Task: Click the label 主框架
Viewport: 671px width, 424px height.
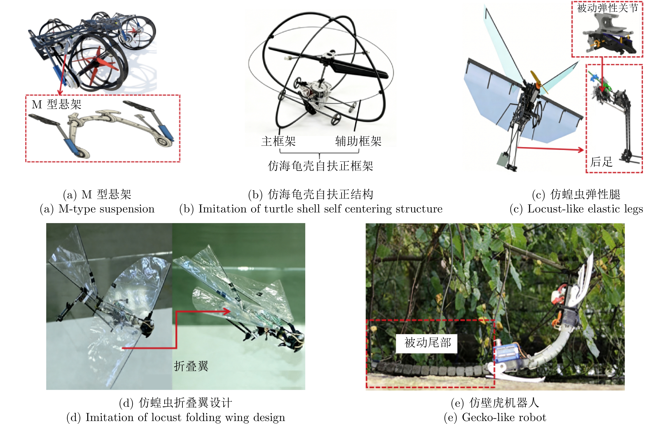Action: click(278, 141)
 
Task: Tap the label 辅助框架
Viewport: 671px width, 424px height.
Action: click(358, 141)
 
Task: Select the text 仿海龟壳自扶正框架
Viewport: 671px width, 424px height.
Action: click(320, 166)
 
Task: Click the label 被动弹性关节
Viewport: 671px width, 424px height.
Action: click(608, 8)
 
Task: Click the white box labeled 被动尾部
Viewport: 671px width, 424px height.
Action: click(427, 343)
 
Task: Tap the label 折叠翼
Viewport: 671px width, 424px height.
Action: click(191, 366)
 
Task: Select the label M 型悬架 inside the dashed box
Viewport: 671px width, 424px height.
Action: click(57, 104)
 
